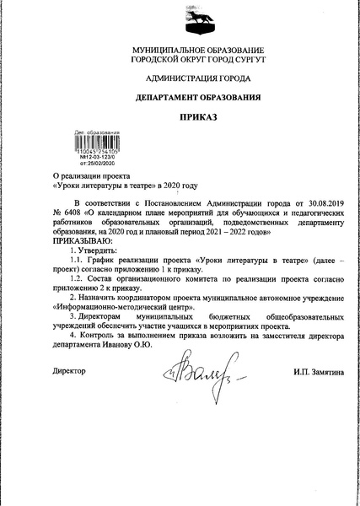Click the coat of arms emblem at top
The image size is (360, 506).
point(180,19)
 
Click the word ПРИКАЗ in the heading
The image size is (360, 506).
point(180,121)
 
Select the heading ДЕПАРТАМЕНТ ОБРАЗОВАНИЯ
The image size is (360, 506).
point(180,99)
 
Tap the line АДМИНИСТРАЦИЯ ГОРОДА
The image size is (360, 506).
point(180,78)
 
